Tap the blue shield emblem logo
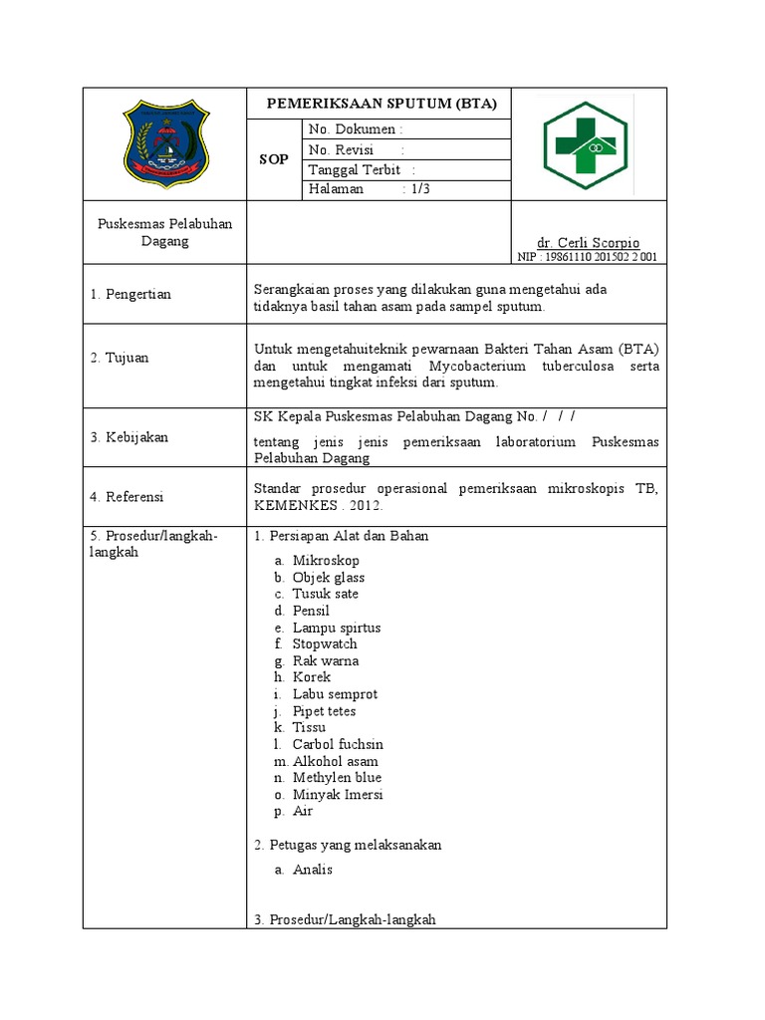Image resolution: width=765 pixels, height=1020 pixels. (165, 144)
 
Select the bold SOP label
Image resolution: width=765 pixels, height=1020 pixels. (274, 159)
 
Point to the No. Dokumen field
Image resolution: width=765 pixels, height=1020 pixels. (356, 129)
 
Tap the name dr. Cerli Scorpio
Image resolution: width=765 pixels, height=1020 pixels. (588, 243)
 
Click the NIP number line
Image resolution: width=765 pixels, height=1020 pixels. (587, 257)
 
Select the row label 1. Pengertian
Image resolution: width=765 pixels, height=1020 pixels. (130, 294)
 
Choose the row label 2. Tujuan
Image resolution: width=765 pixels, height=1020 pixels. (120, 357)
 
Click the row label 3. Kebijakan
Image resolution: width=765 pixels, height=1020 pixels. (128, 436)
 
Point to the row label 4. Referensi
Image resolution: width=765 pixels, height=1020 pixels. (127, 496)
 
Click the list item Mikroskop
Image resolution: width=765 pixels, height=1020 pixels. (326, 561)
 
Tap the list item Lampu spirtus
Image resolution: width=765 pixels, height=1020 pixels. (336, 628)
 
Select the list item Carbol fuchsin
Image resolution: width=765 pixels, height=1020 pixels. (338, 744)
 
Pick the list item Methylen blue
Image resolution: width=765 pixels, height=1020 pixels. (337, 777)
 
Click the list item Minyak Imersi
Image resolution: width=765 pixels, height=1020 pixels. (338, 794)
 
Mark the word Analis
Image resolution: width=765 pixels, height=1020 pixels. (313, 869)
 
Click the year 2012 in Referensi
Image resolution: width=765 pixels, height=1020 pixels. (366, 505)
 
